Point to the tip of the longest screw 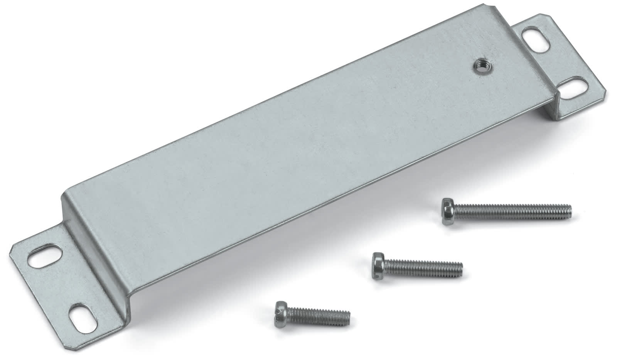570,210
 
